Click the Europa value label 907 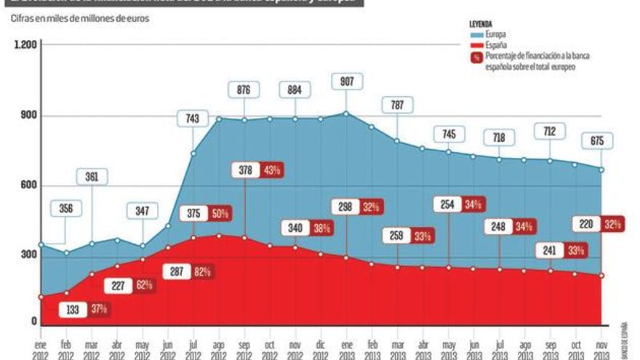click(x=345, y=81)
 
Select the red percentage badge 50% click(x=220, y=214)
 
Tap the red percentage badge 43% click(x=273, y=169)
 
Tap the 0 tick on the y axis click(x=32, y=321)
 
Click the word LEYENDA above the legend click(x=482, y=24)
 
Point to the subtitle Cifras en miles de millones click(x=80, y=18)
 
